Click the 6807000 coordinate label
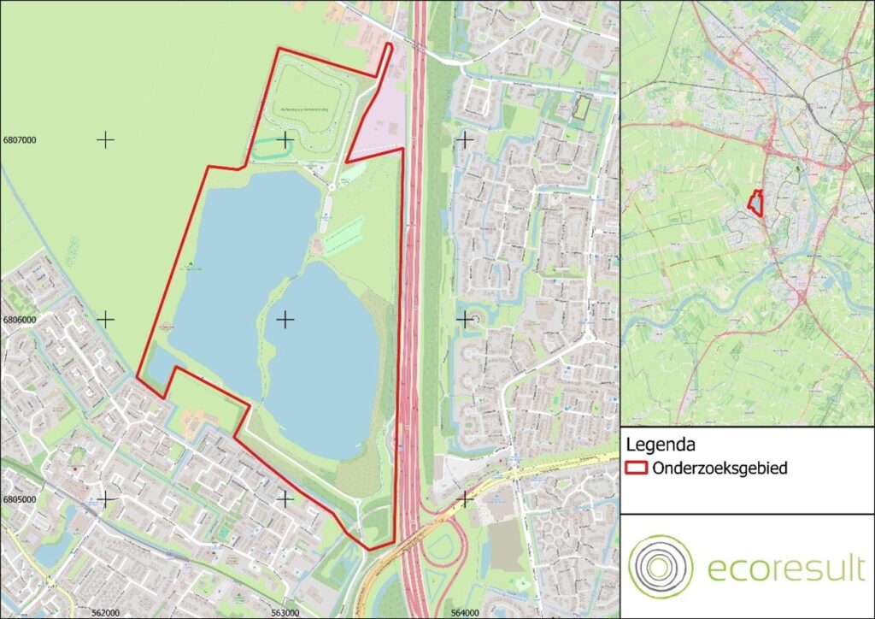click(x=21, y=139)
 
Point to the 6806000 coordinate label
click(x=21, y=320)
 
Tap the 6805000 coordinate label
click(x=21, y=499)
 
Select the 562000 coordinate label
click(x=104, y=612)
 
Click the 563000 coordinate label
click(x=285, y=612)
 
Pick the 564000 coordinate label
click(x=465, y=612)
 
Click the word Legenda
click(x=659, y=445)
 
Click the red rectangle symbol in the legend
click(x=637, y=469)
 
